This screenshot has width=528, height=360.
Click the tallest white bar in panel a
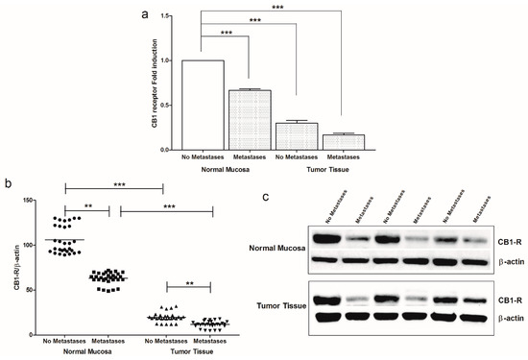pos(203,105)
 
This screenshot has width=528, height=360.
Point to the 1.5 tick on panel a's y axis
pos(170,15)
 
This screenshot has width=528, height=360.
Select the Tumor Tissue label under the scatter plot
pos(182,350)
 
